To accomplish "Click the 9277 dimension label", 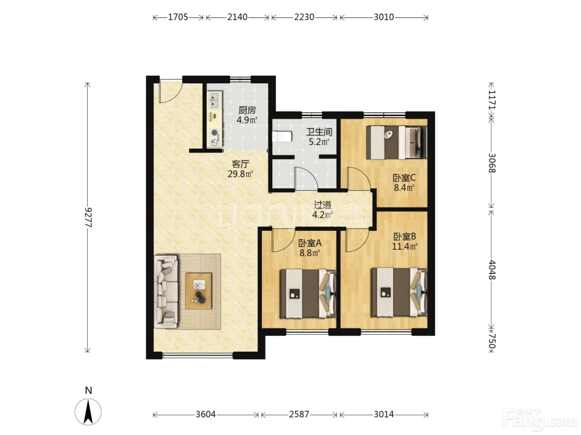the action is click(88, 217).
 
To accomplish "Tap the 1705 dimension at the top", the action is click(178, 17).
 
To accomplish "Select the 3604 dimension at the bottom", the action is click(205, 414).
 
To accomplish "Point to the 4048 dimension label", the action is click(492, 270).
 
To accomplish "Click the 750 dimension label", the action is click(492, 341).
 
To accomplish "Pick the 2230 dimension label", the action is click(304, 17).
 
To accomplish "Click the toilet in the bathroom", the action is click(282, 137).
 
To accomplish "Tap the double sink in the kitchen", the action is click(215, 99).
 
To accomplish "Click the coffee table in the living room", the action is click(198, 291).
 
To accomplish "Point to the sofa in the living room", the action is click(166, 292).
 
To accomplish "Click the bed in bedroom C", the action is click(396, 143).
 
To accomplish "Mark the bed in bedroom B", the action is click(399, 292).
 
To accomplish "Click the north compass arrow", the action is click(88, 412).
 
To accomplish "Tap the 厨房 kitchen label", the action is click(247, 110).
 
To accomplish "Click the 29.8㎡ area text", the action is click(240, 174).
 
